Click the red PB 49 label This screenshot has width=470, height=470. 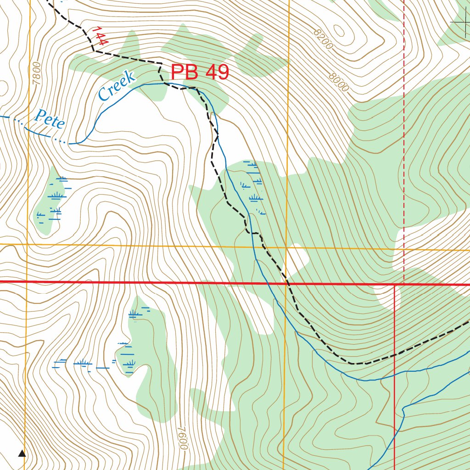(x=200, y=73)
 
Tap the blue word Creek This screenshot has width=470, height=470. (x=117, y=86)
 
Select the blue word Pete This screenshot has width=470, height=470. (x=50, y=119)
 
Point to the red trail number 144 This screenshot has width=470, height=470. (x=100, y=36)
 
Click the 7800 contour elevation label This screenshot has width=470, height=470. (x=37, y=73)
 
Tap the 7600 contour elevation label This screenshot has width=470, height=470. (x=182, y=438)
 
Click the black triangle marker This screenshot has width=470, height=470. (x=22, y=453)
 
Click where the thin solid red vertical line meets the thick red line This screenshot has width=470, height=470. (x=395, y=284)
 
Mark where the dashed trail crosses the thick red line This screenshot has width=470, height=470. (x=288, y=283)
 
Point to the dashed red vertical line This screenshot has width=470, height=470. (x=404, y=138)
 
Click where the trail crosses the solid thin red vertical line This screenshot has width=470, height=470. (x=395, y=355)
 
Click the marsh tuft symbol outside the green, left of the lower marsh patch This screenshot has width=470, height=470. (x=83, y=364)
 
